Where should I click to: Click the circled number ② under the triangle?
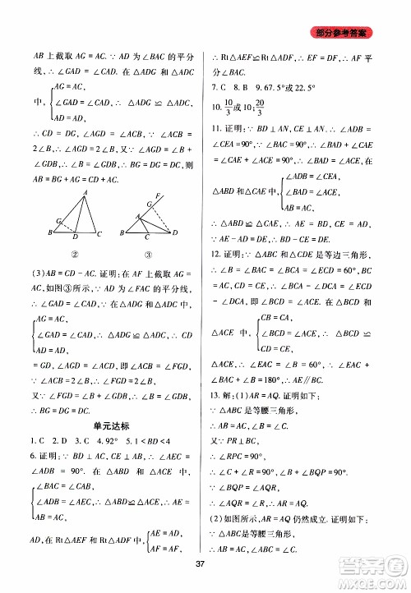pos(75,255)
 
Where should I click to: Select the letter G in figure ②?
pos(58,219)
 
